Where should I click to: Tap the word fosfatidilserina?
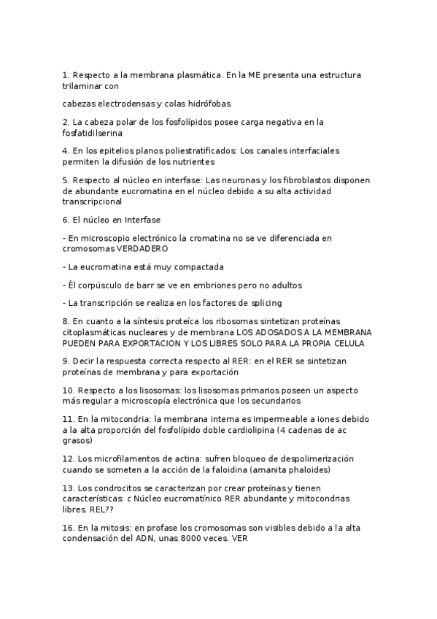tap(93, 133)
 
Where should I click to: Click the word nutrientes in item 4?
tap(193, 161)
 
